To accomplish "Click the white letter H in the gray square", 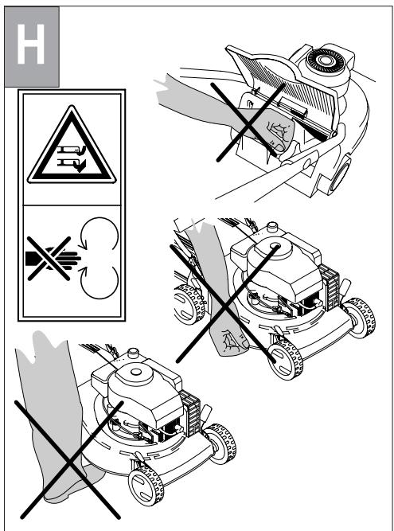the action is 31,44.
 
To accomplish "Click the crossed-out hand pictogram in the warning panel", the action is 54,259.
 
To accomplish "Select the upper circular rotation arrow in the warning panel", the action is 99,234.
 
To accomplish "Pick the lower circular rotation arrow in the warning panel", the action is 99,282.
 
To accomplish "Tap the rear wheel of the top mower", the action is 340,176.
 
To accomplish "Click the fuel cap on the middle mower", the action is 272,227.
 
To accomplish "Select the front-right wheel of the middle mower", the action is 359,318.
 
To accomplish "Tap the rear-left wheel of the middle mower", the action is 189,304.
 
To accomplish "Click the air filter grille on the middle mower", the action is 330,287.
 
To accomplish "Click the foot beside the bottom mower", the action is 72,482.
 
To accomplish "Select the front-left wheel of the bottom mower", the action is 146,486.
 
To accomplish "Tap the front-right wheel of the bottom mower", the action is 220,443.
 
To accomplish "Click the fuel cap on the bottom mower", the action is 134,353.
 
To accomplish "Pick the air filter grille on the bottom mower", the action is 190,413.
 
